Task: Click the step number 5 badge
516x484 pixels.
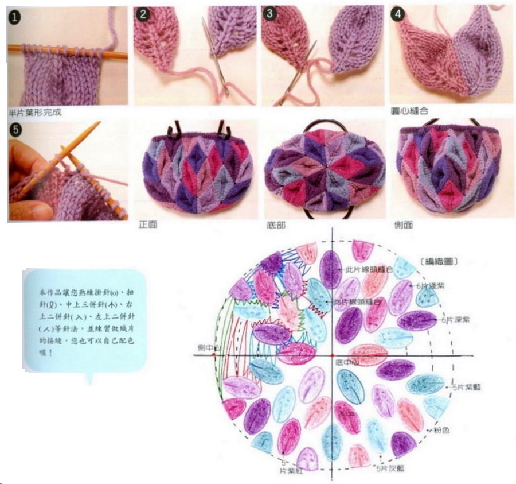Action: point(15,130)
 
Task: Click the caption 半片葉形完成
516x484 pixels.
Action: point(34,113)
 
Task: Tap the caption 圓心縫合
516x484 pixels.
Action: point(408,110)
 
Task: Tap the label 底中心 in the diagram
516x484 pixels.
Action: point(347,363)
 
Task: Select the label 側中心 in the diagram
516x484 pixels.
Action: point(205,348)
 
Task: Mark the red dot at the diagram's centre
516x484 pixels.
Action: point(333,356)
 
